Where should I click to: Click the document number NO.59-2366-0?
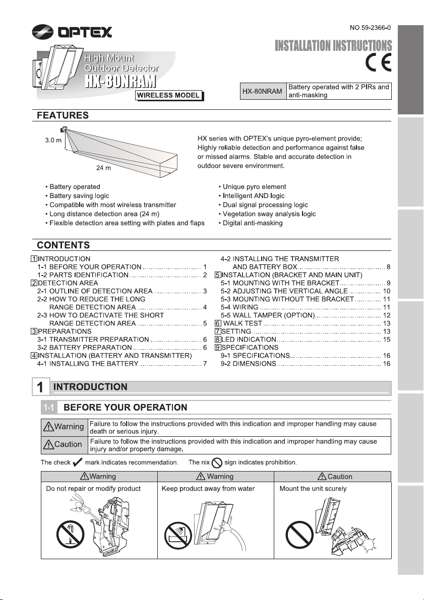pos(370,25)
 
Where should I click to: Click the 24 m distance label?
pos(104,169)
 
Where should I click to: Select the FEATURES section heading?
pos(64,116)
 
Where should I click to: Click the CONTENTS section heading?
pos(64,245)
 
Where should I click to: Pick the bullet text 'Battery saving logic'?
pos(79,195)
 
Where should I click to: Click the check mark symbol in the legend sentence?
pos(78,462)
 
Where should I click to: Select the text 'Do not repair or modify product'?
pos(93,489)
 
